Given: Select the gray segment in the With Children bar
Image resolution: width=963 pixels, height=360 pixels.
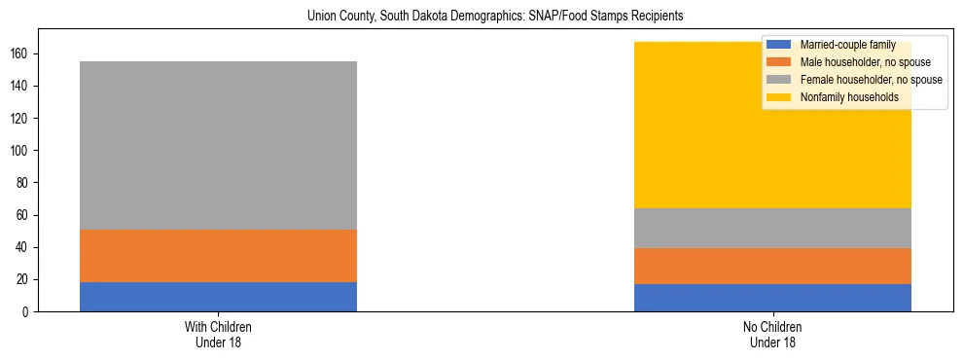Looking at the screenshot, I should click(x=218, y=145).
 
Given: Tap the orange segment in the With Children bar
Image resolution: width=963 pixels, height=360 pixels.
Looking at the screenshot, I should click(x=218, y=256).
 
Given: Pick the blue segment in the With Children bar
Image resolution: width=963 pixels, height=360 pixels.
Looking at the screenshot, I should click(x=218, y=297).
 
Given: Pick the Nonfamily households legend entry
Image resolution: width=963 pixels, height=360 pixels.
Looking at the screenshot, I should click(x=842, y=97).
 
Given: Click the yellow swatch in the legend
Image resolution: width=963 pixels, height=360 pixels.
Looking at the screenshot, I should click(x=779, y=97).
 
